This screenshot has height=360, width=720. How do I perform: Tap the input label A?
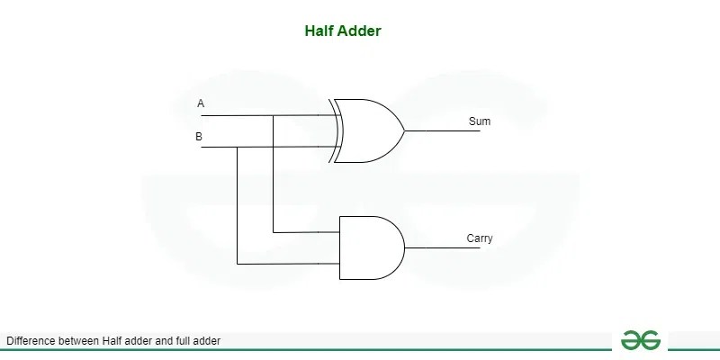point(201,104)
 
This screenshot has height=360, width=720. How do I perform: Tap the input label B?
point(199,137)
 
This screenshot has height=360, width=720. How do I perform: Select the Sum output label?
point(480,121)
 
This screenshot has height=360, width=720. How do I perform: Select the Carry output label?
point(480,238)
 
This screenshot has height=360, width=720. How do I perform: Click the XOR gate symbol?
point(369,130)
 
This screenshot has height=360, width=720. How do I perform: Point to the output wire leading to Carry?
point(441,247)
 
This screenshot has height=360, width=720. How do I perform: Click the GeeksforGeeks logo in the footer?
point(640,339)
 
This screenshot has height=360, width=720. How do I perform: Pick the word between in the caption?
point(78,341)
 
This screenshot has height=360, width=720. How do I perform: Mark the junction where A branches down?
point(273,115)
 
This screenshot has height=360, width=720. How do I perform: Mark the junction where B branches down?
point(237,146)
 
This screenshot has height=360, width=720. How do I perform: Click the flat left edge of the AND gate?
point(339,247)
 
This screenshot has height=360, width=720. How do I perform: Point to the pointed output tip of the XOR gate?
point(404,130)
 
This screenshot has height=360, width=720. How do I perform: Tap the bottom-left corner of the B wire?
point(237,264)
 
